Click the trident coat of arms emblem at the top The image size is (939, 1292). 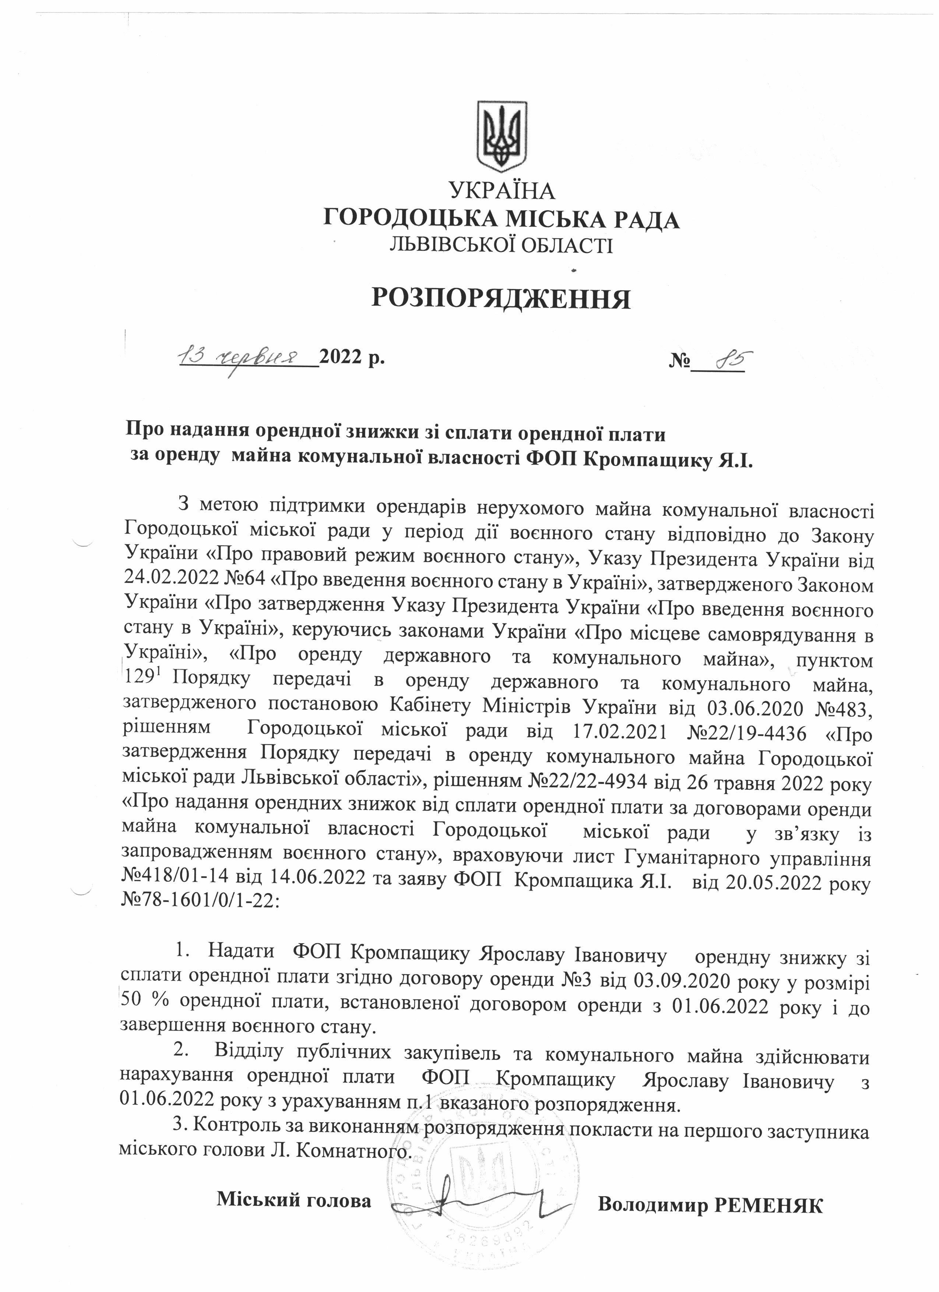(x=502, y=136)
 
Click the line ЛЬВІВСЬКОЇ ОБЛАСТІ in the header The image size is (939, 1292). (x=501, y=246)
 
